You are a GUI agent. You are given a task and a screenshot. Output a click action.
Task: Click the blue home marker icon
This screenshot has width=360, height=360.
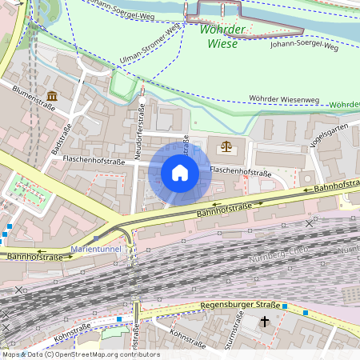point(179,173)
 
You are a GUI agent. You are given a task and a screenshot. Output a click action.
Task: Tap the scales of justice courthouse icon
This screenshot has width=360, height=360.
point(223,147)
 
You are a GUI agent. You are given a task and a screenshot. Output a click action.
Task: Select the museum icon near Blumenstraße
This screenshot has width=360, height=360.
point(52,97)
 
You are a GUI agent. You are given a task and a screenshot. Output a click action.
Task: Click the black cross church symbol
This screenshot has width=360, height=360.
point(265,322)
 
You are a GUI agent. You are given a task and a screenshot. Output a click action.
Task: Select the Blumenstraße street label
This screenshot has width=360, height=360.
point(33,101)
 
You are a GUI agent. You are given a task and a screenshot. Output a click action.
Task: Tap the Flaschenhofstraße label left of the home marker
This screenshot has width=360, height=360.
point(95,159)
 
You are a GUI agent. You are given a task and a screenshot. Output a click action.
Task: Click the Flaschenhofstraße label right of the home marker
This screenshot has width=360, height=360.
point(240,170)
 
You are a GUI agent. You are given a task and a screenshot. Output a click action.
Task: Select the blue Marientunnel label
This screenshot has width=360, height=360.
point(95,249)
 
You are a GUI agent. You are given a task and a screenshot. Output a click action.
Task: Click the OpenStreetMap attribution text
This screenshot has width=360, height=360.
point(80,354)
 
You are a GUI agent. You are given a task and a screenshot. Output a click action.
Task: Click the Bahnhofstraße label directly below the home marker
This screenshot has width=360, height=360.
point(226,209)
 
